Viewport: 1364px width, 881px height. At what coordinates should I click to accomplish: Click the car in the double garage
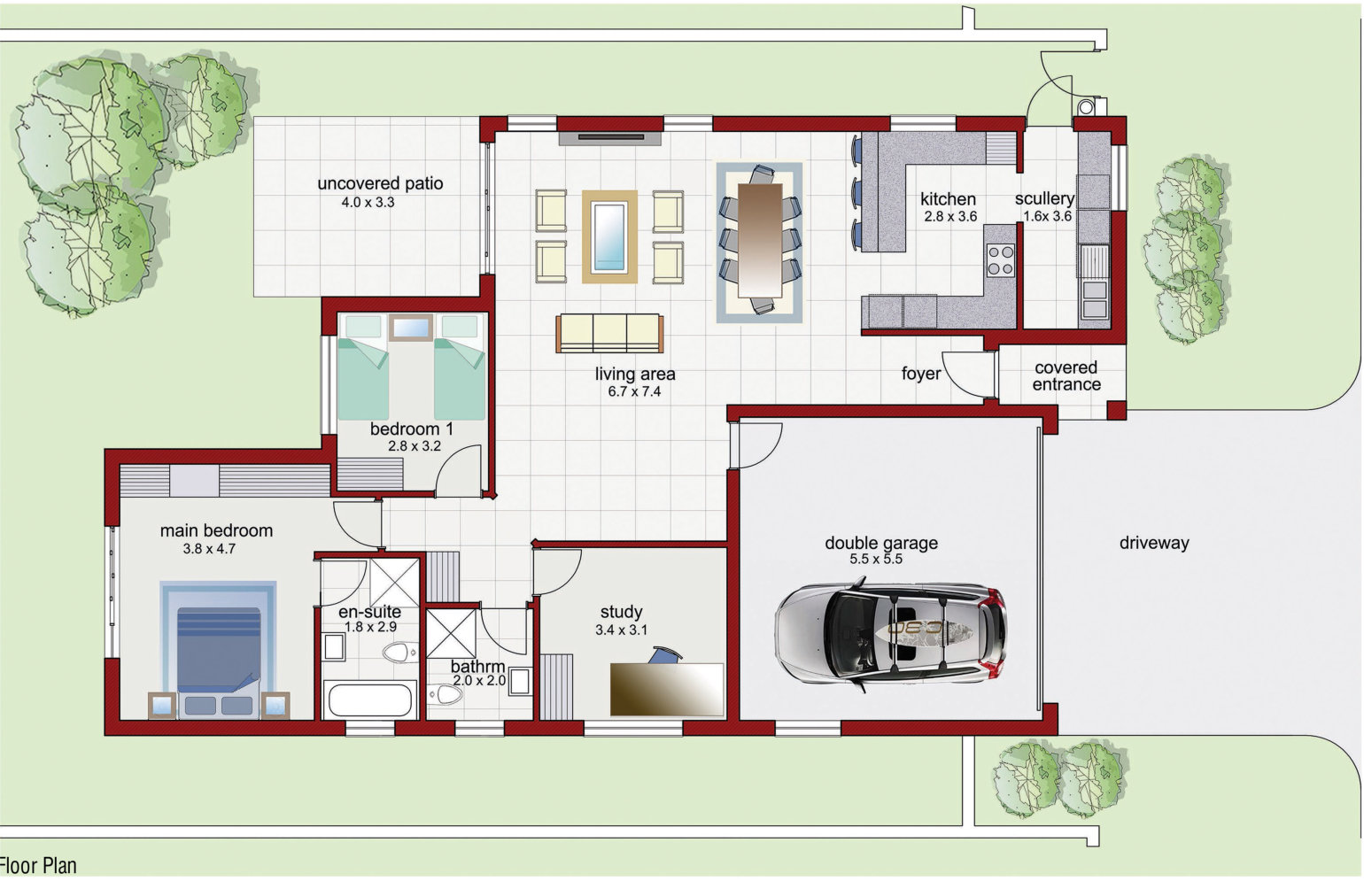[x=890, y=637]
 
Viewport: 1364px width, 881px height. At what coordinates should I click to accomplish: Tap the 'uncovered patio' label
[x=380, y=183]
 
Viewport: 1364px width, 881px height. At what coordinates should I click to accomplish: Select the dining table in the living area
[x=759, y=240]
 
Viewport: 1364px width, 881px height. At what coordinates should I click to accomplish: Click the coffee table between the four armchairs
[x=609, y=236]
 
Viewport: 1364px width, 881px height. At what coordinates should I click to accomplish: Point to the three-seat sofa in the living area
[x=609, y=333]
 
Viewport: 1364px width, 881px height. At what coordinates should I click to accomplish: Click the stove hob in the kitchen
[x=1001, y=260]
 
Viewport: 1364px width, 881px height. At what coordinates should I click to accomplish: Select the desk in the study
[x=667, y=689]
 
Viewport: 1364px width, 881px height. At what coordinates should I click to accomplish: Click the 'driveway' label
[x=1154, y=543]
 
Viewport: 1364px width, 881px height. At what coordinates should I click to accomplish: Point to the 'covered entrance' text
[x=1066, y=375]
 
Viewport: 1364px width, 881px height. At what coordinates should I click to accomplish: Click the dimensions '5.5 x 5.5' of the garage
[x=876, y=559]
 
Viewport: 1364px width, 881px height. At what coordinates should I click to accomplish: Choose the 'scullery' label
[x=1044, y=198]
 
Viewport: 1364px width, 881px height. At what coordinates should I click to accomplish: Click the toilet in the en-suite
[x=399, y=653]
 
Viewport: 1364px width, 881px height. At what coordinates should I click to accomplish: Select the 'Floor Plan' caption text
[x=38, y=865]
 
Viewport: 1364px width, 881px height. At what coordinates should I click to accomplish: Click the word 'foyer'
[x=921, y=374]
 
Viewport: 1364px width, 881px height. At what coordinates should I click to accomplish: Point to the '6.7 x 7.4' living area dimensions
[x=634, y=391]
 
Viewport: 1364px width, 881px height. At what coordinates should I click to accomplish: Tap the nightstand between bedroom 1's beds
[x=411, y=328]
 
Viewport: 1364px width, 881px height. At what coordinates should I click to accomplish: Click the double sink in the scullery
[x=1094, y=299]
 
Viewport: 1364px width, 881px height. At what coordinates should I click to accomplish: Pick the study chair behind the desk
[x=665, y=655]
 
